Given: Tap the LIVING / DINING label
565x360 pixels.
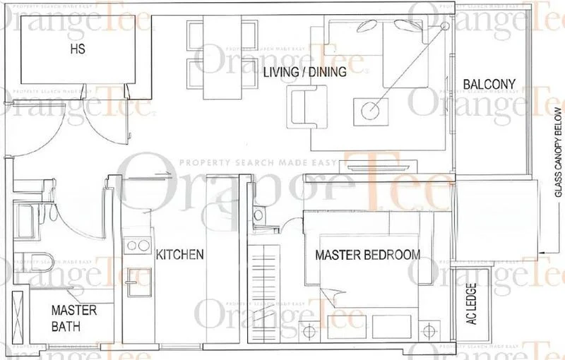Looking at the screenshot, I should point(304,72).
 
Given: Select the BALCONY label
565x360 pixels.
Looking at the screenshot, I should point(489,85).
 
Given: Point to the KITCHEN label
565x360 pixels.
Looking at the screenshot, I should point(180,254).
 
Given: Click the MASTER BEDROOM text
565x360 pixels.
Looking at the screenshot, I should point(367,254).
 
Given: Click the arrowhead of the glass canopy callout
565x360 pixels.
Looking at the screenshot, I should point(540,252).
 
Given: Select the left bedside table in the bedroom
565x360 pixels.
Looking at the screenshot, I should point(308,328).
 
